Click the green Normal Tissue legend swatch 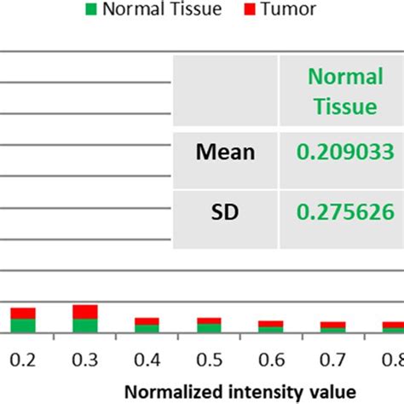(93, 10)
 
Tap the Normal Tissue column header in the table (345, 91)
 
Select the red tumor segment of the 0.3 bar (84, 311)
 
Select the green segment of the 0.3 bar (84, 325)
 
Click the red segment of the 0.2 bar (23, 313)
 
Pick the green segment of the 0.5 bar (209, 327)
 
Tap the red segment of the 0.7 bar (333, 324)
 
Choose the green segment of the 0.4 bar (147, 327)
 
